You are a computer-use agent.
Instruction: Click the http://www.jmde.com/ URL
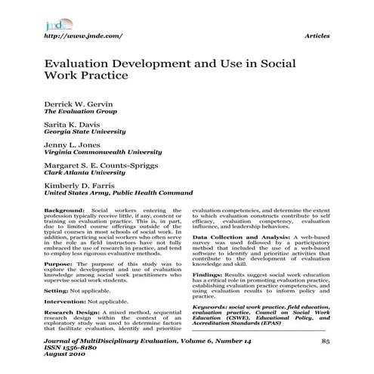[83, 35]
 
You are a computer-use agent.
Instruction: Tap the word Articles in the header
[316, 35]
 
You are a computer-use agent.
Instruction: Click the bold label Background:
[63, 211]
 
